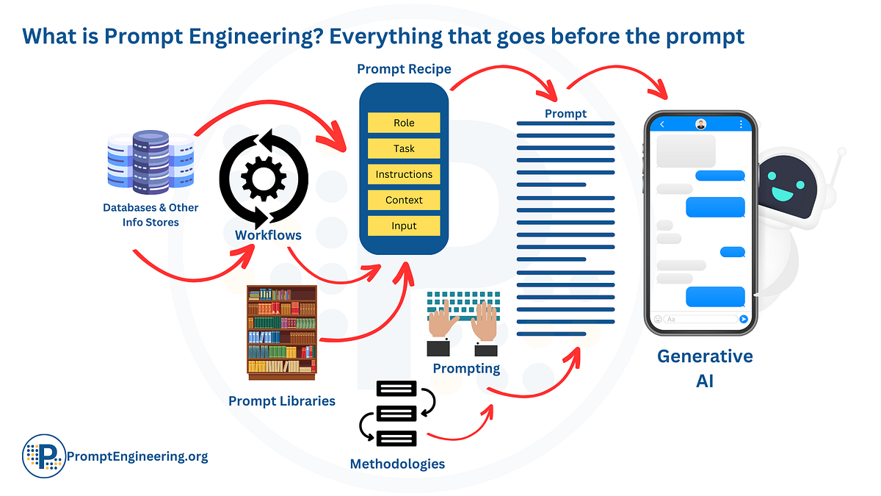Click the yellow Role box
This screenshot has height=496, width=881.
click(x=404, y=123)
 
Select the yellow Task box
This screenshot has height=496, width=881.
click(x=404, y=148)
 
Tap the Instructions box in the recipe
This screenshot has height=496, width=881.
click(x=404, y=174)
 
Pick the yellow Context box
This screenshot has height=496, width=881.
click(x=404, y=200)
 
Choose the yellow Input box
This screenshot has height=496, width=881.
click(x=404, y=226)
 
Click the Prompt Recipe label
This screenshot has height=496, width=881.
click(x=404, y=70)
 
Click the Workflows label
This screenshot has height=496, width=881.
click(x=268, y=235)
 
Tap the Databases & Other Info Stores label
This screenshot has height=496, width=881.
click(x=151, y=215)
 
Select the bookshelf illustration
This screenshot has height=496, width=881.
click(x=282, y=332)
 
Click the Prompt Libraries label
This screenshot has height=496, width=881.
click(x=282, y=401)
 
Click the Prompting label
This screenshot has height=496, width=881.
click(x=466, y=368)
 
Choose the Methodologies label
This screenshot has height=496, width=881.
click(x=397, y=464)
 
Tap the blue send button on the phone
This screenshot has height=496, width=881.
click(x=744, y=319)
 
